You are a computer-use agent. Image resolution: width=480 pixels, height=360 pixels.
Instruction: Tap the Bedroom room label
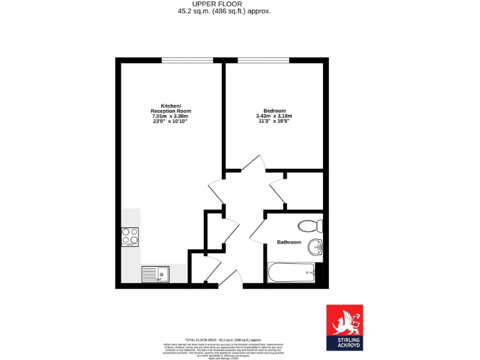coord(274,111)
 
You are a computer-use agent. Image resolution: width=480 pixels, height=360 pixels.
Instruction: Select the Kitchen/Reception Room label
coord(171,108)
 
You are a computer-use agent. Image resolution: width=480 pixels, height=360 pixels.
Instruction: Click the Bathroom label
coord(289,242)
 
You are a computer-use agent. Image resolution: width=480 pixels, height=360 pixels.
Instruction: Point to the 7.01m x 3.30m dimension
coord(170,116)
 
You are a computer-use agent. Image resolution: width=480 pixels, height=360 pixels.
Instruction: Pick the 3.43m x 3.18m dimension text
coord(274,116)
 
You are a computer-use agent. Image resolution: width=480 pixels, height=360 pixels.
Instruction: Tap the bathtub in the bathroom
coord(291,272)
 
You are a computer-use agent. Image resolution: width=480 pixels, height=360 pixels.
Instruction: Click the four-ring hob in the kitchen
coord(130,236)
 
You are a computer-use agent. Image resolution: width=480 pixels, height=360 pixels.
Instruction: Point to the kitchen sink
coord(155,273)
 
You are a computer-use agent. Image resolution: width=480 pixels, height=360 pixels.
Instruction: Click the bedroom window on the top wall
coord(263,60)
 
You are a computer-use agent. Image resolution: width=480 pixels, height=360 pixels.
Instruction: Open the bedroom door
coord(252,163)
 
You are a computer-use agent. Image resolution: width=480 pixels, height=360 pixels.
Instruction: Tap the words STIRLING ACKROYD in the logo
coord(344,341)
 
